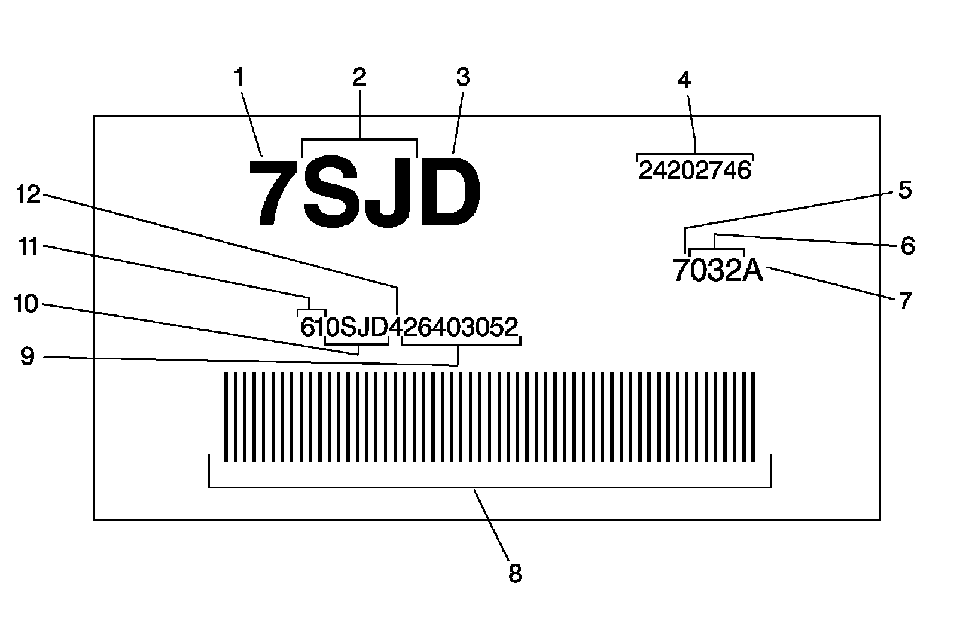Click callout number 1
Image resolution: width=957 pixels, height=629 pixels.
(x=239, y=78)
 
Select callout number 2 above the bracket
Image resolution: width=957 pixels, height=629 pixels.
(x=359, y=78)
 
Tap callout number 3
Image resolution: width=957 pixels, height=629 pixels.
(x=464, y=78)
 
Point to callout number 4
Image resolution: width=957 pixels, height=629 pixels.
(x=685, y=80)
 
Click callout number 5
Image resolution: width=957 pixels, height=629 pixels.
(x=905, y=190)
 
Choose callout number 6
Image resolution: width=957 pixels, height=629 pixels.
(x=907, y=246)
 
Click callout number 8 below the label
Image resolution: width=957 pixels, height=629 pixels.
(x=515, y=573)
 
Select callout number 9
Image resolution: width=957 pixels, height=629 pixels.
(x=28, y=357)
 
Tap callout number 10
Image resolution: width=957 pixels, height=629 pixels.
(x=26, y=304)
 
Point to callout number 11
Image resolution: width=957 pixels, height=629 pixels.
(x=28, y=246)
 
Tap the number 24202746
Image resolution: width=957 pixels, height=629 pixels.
(x=694, y=171)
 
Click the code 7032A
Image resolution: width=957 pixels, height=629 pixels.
(x=718, y=271)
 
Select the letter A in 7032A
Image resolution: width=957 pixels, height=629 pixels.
(x=753, y=271)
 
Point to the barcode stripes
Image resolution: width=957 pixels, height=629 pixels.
(x=489, y=417)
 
